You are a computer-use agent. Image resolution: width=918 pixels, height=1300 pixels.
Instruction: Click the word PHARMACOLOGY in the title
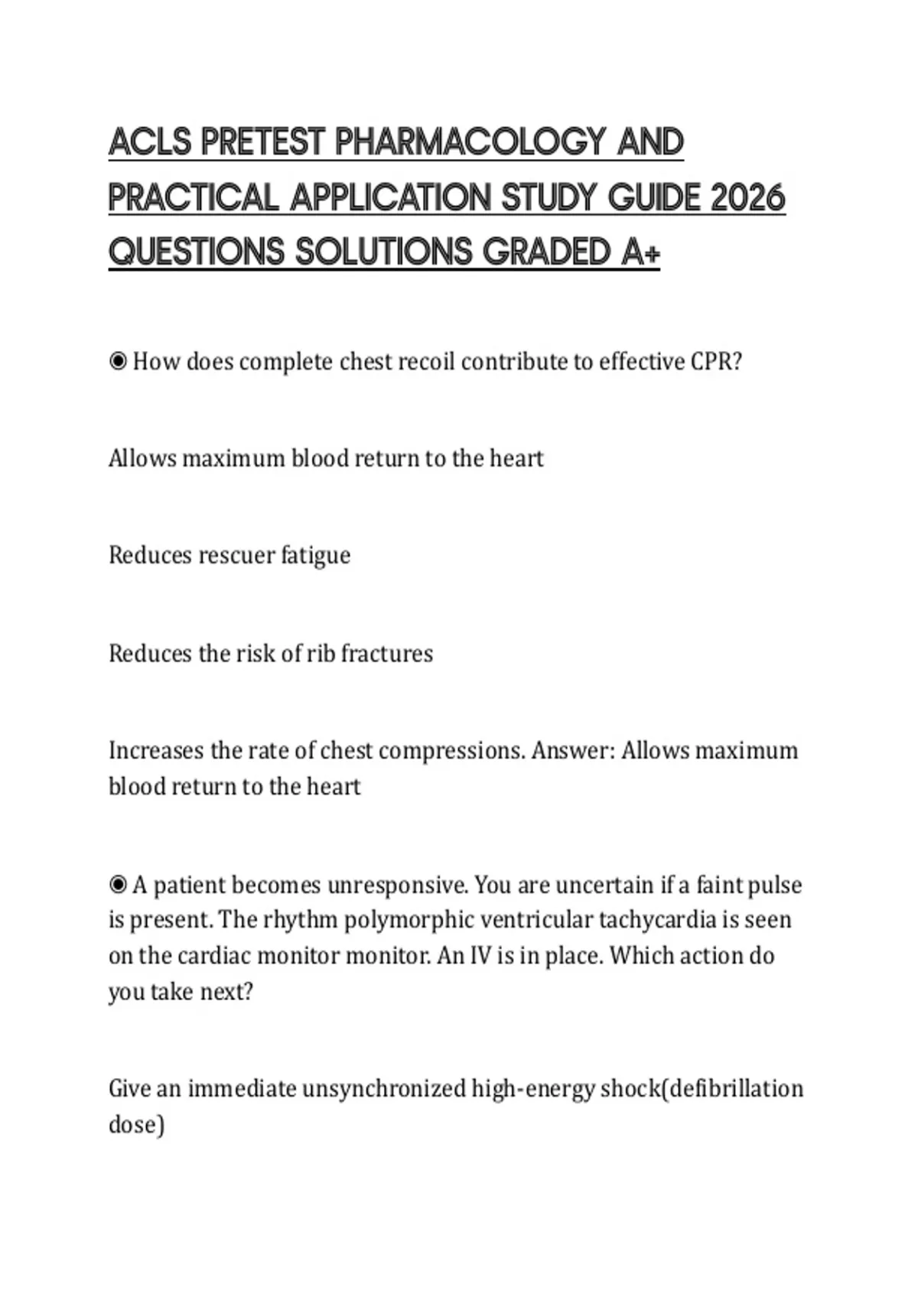tap(471, 143)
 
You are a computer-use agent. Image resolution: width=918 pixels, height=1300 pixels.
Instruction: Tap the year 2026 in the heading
tap(747, 198)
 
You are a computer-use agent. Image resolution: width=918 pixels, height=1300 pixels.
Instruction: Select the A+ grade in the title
tap(640, 252)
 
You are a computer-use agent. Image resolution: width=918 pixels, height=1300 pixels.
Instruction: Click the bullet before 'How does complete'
tap(118, 361)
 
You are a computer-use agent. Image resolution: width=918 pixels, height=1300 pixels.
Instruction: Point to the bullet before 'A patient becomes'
tap(118, 885)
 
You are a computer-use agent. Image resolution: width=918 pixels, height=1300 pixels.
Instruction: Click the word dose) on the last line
tap(136, 1124)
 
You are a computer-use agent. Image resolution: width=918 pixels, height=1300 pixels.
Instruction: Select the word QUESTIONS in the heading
tap(196, 252)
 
